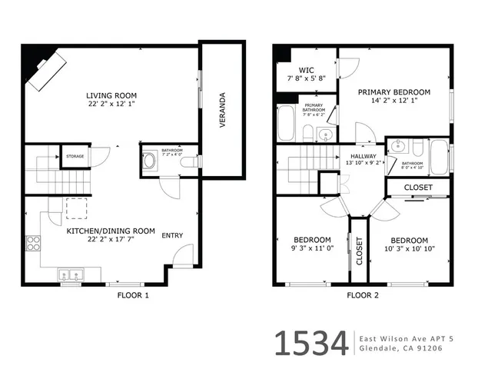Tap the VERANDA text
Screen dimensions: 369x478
click(x=222, y=109)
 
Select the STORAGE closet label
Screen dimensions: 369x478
click(x=75, y=156)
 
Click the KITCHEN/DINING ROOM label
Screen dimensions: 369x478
click(x=110, y=231)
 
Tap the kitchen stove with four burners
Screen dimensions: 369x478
click(x=34, y=244)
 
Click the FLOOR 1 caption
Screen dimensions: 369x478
click(x=132, y=295)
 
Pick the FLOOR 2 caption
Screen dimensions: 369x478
click(x=362, y=295)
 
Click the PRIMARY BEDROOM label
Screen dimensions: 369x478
click(x=394, y=91)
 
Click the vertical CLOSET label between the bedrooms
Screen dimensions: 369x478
click(x=359, y=251)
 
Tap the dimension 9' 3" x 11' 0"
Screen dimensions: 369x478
click(x=312, y=248)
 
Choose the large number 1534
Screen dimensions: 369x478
click(x=311, y=344)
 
